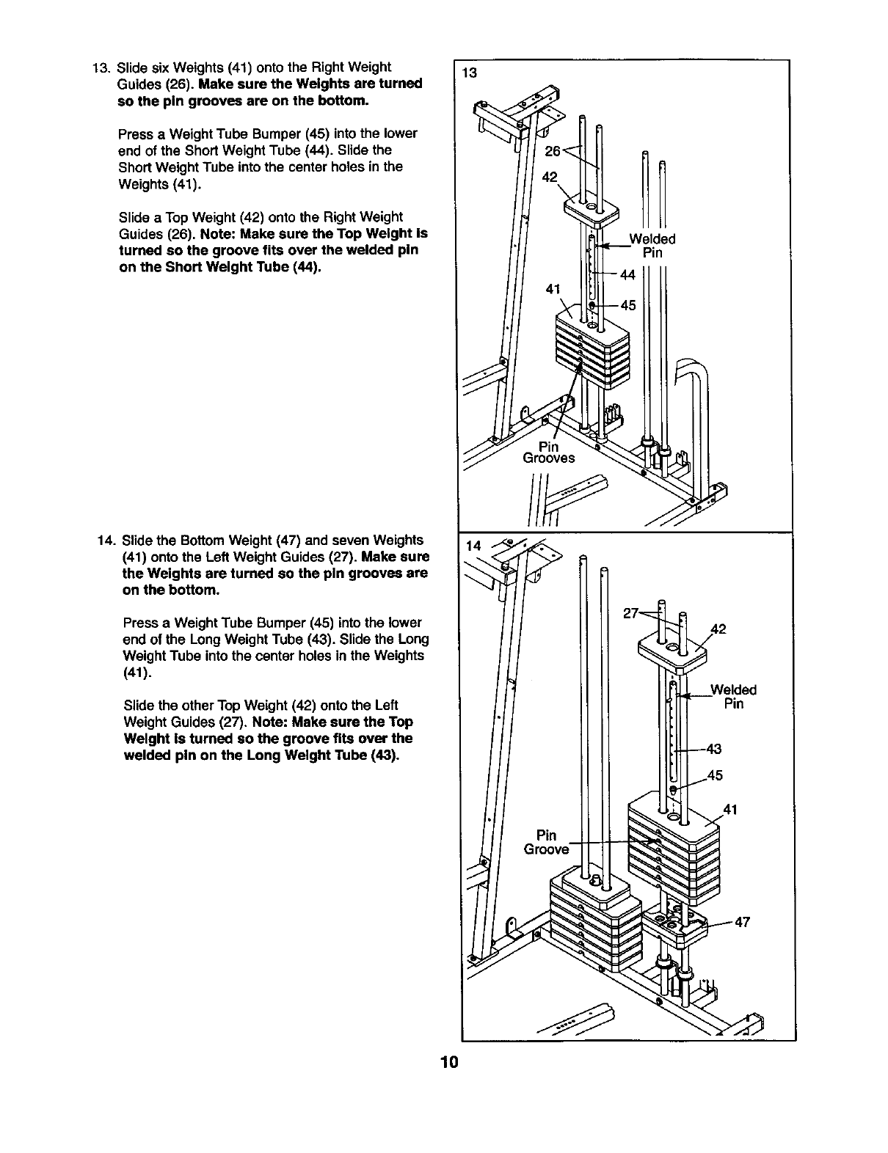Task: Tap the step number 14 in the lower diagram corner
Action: pyautogui.click(x=474, y=546)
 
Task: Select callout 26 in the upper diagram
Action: pyautogui.click(x=552, y=151)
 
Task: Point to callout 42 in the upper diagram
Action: pyautogui.click(x=550, y=177)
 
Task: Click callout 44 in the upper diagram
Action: pyautogui.click(x=627, y=274)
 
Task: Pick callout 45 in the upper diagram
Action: pyautogui.click(x=628, y=305)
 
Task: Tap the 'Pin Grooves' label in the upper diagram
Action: pyautogui.click(x=548, y=453)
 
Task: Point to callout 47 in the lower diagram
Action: pyautogui.click(x=742, y=922)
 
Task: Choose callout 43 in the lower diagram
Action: pyautogui.click(x=713, y=749)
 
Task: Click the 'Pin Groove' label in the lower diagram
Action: pyautogui.click(x=546, y=842)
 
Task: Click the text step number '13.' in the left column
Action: pyautogui.click(x=101, y=67)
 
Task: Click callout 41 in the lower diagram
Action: pyautogui.click(x=730, y=810)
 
